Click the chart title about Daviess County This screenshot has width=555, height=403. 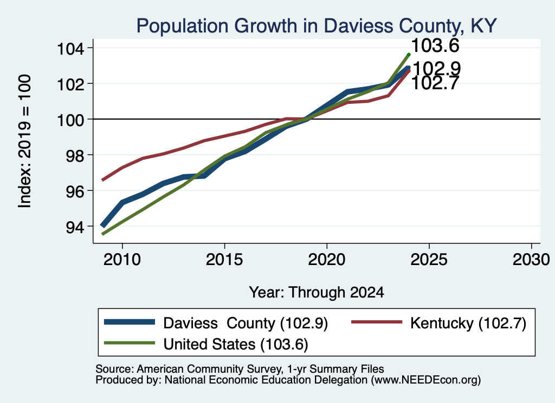tap(317, 26)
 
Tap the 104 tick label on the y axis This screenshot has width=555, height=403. tap(71, 48)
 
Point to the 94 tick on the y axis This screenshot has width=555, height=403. tap(75, 227)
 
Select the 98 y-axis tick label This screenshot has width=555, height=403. tap(75, 155)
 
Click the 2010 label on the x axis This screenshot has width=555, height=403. tap(122, 260)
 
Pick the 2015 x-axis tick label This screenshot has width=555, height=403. tap(224, 260)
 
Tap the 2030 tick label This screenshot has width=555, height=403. tap(531, 260)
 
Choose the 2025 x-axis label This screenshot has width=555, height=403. tap(429, 260)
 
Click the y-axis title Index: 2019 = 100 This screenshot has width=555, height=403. tap(25, 141)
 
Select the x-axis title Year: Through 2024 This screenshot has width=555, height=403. tap(317, 293)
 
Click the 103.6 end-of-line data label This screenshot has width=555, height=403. tap(435, 45)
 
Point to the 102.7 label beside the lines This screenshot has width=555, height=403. tap(435, 84)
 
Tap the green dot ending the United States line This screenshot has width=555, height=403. tap(409, 55)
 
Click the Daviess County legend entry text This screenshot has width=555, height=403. tap(246, 323)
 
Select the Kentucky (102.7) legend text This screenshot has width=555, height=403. tap(468, 323)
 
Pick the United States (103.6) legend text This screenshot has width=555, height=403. tap(236, 344)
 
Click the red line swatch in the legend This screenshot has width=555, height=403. tap(377, 322)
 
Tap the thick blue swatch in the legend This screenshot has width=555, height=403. tap(130, 322)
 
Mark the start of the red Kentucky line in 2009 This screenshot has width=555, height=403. tap(102, 180)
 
